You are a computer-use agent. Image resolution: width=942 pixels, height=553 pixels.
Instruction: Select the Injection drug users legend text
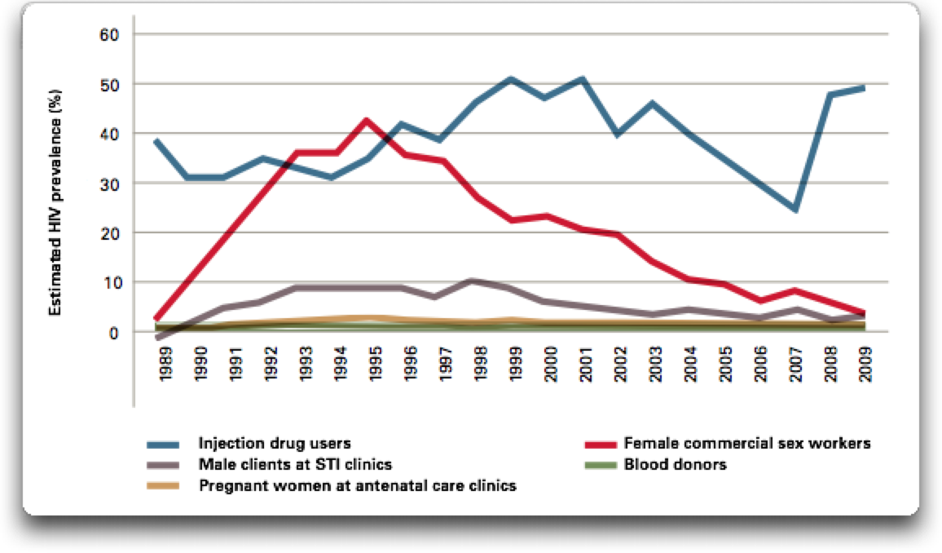pos(274,444)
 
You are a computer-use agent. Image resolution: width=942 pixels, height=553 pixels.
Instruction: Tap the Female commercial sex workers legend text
pos(747,444)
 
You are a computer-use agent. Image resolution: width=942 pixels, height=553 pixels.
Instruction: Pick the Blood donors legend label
pos(675,465)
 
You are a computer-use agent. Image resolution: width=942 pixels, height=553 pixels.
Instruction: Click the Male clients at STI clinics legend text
pos(295,465)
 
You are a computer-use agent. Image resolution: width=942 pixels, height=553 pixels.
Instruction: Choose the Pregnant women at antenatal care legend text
pos(359,486)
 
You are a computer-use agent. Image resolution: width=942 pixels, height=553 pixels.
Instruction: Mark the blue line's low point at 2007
pos(794,210)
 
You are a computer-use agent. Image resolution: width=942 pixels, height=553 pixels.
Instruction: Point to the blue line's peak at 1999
pos(510,79)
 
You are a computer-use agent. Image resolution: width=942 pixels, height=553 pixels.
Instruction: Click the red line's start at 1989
pos(156,318)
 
